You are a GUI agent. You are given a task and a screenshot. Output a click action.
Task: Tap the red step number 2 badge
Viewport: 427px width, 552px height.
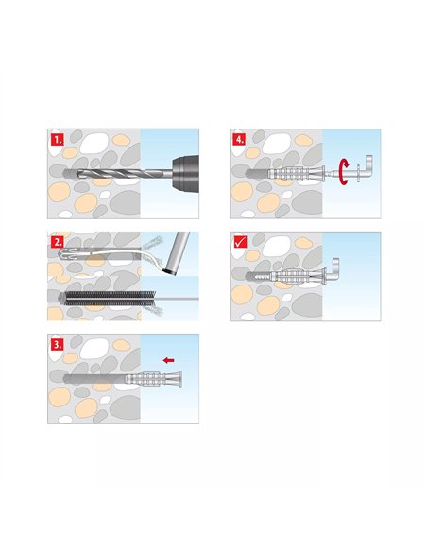[x=58, y=241]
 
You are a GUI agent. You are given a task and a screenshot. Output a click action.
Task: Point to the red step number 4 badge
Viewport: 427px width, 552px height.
[x=240, y=139]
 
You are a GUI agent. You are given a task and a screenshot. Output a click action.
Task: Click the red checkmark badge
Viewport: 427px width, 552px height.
[x=240, y=242]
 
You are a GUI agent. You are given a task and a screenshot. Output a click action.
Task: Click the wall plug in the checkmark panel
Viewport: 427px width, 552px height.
[x=293, y=278]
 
